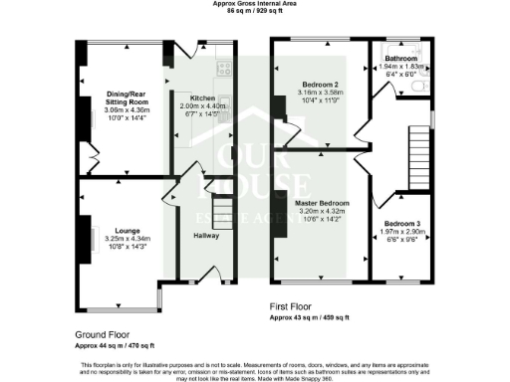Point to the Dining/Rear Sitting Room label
point(126,98)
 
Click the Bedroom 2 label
point(321,85)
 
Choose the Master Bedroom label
point(322,203)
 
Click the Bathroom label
point(401,59)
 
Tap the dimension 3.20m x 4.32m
point(322,212)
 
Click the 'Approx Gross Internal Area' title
point(254,4)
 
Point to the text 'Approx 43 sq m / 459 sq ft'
point(309,317)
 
